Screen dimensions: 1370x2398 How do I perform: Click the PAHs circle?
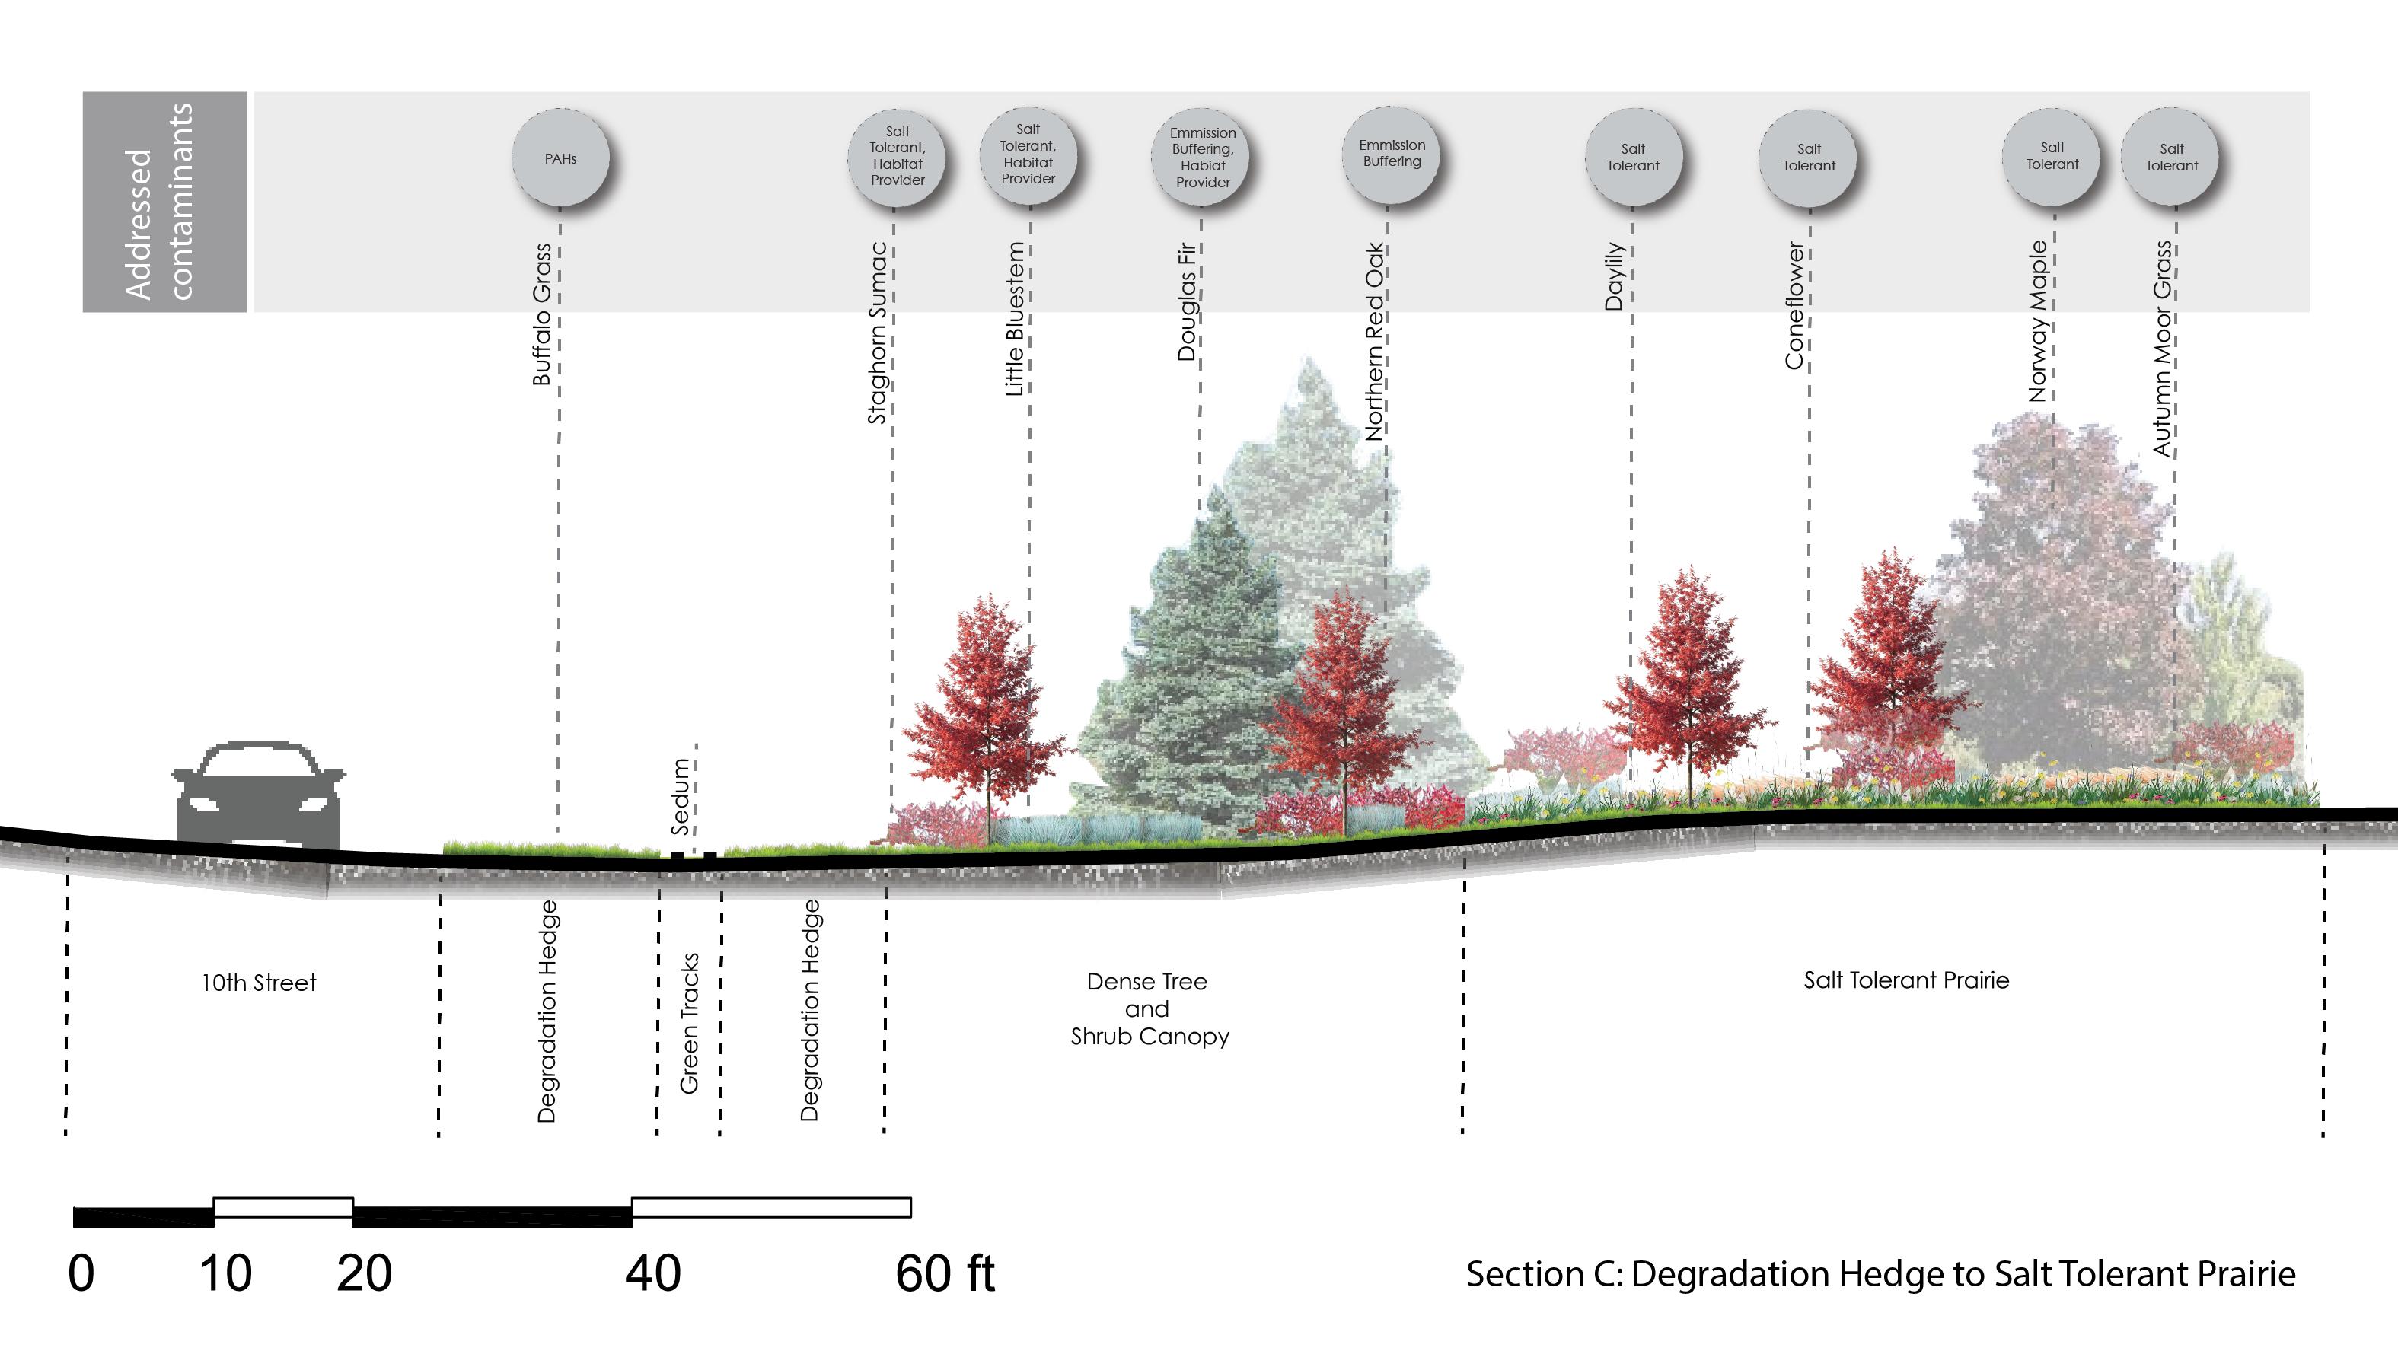[560, 158]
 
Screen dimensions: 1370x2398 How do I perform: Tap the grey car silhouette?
[259, 796]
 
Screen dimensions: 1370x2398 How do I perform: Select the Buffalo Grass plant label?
[541, 314]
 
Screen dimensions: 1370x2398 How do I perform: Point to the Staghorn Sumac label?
[876, 333]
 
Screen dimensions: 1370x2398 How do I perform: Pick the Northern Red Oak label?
[1374, 342]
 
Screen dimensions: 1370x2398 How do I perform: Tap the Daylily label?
[1614, 276]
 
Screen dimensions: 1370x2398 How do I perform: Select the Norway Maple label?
[2038, 321]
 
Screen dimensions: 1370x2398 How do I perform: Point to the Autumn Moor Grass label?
[2162, 348]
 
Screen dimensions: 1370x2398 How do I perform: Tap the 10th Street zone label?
[259, 983]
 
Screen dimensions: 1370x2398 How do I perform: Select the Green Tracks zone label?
[689, 1023]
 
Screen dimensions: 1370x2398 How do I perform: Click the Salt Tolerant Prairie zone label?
[1905, 980]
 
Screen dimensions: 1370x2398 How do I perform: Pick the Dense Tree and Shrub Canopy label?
[1148, 1008]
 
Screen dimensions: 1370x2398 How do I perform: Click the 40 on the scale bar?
[652, 1274]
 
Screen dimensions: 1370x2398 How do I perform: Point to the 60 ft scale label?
[944, 1274]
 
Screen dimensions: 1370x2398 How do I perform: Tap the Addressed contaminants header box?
[164, 202]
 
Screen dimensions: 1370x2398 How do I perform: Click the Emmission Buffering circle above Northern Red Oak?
[1391, 155]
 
